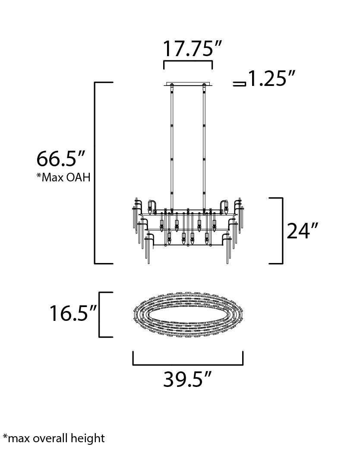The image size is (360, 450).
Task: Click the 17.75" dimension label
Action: pyautogui.click(x=192, y=48)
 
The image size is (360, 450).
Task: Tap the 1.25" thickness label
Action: pyautogui.click(x=272, y=78)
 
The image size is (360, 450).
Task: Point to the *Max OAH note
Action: pyautogui.click(x=63, y=177)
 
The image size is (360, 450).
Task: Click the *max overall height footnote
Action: pyautogui.click(x=54, y=438)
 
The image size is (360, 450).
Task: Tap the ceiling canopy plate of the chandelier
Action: pyautogui.click(x=188, y=85)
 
